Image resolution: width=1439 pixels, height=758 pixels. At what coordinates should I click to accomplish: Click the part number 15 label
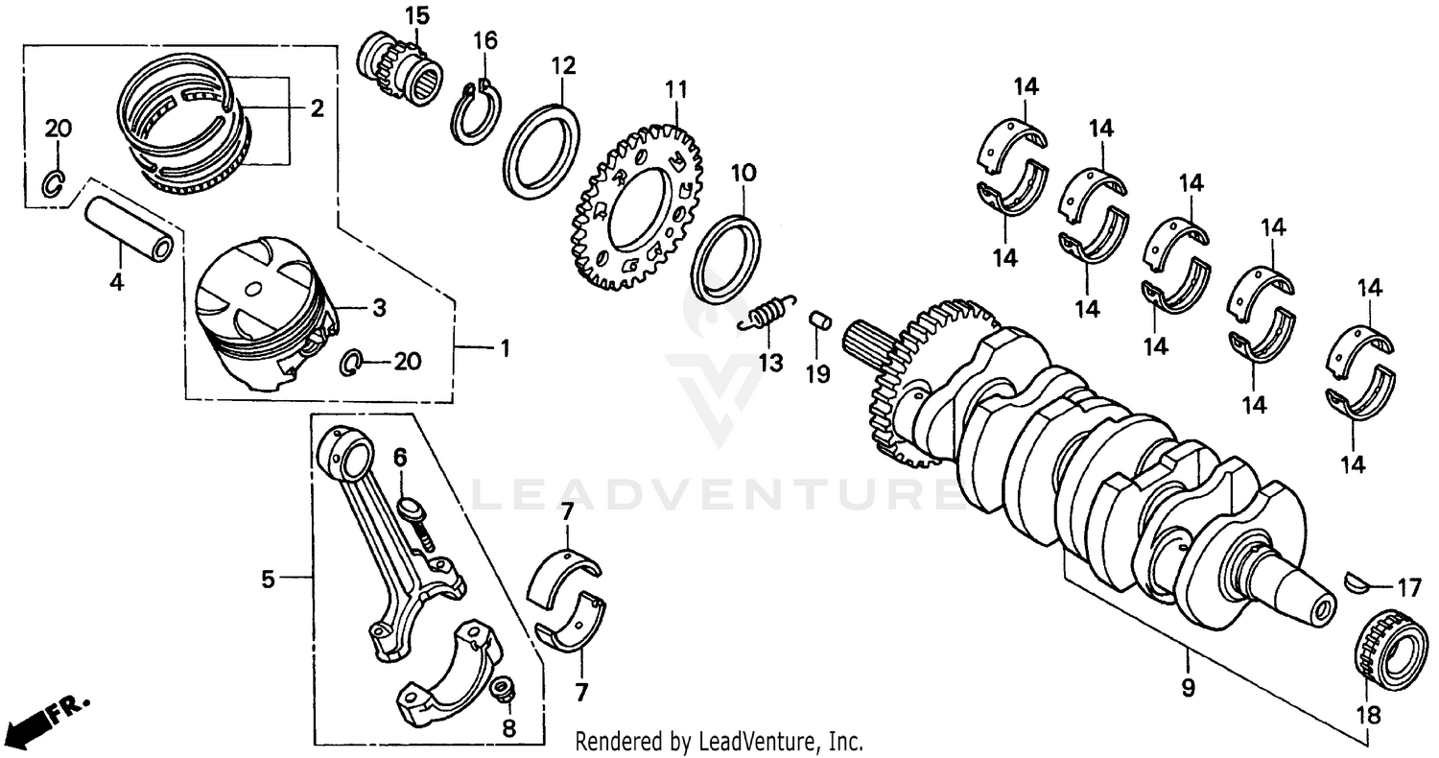tap(416, 15)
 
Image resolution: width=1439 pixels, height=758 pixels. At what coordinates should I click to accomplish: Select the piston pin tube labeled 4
tap(130, 228)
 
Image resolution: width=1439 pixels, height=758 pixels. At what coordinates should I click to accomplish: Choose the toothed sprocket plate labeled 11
tap(636, 205)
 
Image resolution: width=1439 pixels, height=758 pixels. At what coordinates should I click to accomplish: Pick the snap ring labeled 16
tap(476, 115)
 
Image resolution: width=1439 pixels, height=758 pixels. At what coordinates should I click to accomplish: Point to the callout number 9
tap(1188, 687)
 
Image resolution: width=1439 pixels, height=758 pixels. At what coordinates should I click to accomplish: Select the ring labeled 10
tap(726, 258)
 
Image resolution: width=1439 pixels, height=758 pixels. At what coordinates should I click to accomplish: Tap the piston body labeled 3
tap(263, 312)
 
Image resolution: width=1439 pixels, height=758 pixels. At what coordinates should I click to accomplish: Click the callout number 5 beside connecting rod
tap(268, 579)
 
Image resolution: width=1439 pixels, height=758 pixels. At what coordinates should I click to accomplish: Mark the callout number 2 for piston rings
tap(316, 108)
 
